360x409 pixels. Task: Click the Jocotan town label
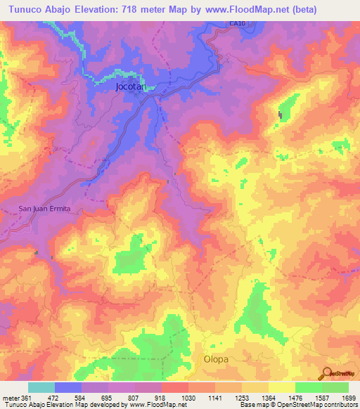click(130, 88)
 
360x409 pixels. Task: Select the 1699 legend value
click(349, 398)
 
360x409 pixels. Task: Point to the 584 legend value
click(81, 398)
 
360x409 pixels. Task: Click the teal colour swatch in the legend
click(41, 387)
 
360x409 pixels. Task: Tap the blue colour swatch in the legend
click(67, 387)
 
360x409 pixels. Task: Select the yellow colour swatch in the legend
click(281, 387)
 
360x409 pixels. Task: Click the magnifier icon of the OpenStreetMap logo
click(326, 372)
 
